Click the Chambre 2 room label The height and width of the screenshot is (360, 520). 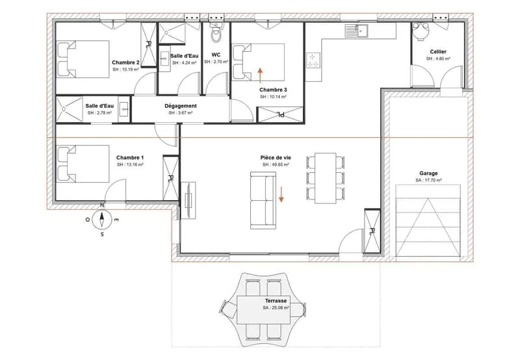pyautogui.click(x=125, y=62)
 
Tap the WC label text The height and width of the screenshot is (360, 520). pyautogui.click(x=216, y=55)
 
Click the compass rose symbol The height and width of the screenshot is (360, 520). pyautogui.click(x=102, y=220)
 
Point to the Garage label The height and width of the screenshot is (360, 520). pyautogui.click(x=428, y=173)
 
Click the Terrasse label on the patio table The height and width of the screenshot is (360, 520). pyautogui.click(x=276, y=301)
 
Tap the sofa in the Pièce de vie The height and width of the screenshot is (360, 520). pyautogui.click(x=263, y=200)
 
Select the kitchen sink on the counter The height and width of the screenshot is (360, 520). pyautogui.click(x=356, y=31)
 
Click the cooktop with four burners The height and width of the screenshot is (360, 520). pyautogui.click(x=313, y=60)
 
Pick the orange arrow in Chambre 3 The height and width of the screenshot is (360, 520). pyautogui.click(x=261, y=75)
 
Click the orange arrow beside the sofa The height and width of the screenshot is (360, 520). pyautogui.click(x=281, y=194)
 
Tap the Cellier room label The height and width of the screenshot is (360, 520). pyautogui.click(x=438, y=52)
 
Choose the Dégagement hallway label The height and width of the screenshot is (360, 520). pyautogui.click(x=181, y=106)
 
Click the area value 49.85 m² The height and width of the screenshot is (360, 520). pyautogui.click(x=276, y=164)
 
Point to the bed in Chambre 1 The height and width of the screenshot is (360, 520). pyautogui.click(x=83, y=163)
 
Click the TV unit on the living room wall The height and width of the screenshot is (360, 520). pyautogui.click(x=188, y=201)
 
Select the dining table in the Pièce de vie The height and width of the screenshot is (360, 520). pyautogui.click(x=326, y=178)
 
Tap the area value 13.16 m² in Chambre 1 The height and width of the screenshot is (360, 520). pyautogui.click(x=130, y=164)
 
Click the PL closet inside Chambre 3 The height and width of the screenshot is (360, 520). pyautogui.click(x=281, y=115)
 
